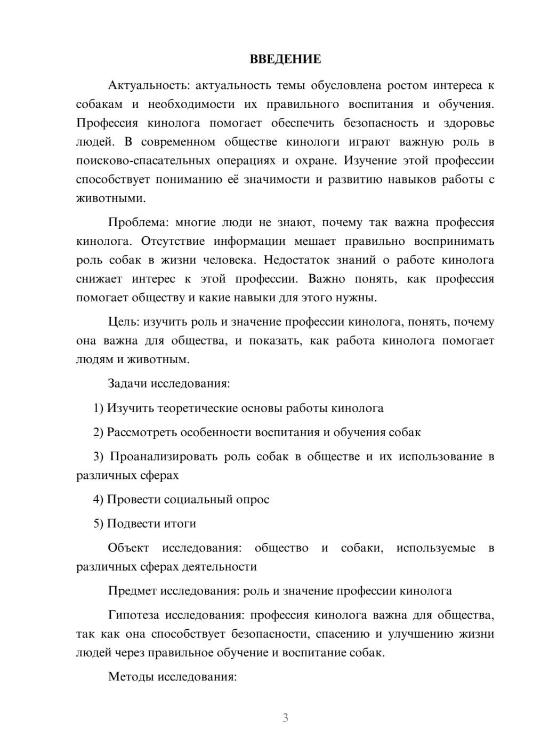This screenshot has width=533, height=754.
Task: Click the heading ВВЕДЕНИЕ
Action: [285, 59]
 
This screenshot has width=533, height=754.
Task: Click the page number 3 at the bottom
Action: [285, 718]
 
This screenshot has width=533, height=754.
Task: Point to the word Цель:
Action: [124, 322]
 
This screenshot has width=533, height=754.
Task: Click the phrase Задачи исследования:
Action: [168, 383]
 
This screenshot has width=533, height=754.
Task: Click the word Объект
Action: [128, 548]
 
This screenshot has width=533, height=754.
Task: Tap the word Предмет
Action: [132, 590]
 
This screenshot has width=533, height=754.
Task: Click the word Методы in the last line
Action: [130, 677]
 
